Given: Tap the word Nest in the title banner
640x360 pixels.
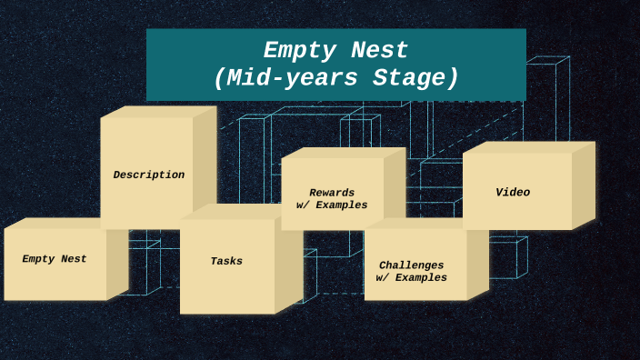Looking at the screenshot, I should [x=376, y=51].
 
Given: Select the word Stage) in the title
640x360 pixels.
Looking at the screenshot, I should [x=416, y=79].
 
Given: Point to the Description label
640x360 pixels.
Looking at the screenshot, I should [x=148, y=175].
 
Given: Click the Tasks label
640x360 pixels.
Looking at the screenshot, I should [x=226, y=261].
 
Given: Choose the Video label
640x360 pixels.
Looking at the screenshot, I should [x=513, y=193].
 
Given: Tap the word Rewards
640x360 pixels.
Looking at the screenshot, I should [x=332, y=193].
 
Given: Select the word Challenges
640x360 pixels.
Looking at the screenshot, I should [x=412, y=265].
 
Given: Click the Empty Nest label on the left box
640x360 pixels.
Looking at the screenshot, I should [x=55, y=259].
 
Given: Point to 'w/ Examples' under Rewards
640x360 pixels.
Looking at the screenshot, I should [x=332, y=205].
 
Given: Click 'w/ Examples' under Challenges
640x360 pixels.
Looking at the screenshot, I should [x=412, y=278].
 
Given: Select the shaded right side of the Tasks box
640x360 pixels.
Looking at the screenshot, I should [x=288, y=264].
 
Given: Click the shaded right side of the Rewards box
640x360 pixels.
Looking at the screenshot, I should [x=395, y=186].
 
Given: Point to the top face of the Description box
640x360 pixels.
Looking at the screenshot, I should [x=159, y=112].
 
